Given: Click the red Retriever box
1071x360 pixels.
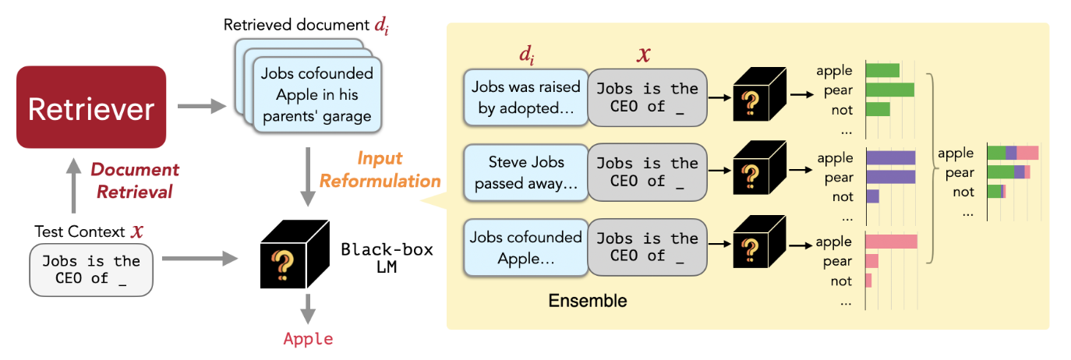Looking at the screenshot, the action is coord(91,107).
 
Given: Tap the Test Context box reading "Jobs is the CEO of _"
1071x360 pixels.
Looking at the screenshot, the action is coord(91,270).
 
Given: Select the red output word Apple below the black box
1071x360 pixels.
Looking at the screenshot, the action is coord(308,339).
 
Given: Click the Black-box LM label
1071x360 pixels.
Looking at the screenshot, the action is coord(387,258).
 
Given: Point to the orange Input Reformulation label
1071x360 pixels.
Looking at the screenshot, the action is coord(380,170).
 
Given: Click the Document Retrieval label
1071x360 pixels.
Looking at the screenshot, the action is coord(135,181).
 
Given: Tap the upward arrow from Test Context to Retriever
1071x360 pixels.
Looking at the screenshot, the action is coord(73,185).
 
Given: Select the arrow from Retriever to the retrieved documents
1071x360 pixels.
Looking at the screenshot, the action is coord(202,106).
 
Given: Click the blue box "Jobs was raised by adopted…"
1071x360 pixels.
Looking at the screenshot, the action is coord(525,97).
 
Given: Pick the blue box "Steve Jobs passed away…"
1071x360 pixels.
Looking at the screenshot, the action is coord(525,172).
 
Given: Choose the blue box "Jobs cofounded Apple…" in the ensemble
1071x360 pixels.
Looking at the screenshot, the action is coord(525,248).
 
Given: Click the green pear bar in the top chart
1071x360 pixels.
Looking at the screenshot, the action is coord(890,90).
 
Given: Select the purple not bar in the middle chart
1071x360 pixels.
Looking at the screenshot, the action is coord(872,196).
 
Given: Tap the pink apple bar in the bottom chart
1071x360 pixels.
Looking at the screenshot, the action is coord(891,242).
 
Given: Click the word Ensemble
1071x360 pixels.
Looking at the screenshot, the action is coord(588,301).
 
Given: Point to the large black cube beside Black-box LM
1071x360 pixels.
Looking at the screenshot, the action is coord(294,254).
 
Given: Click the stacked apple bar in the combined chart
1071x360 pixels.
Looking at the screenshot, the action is coord(1013,153).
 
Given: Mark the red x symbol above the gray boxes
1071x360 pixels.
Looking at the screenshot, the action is coord(644,55).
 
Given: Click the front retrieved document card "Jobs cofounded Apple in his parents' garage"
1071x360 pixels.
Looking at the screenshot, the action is coord(317,94).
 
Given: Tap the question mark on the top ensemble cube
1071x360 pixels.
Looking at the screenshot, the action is coord(750,103).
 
